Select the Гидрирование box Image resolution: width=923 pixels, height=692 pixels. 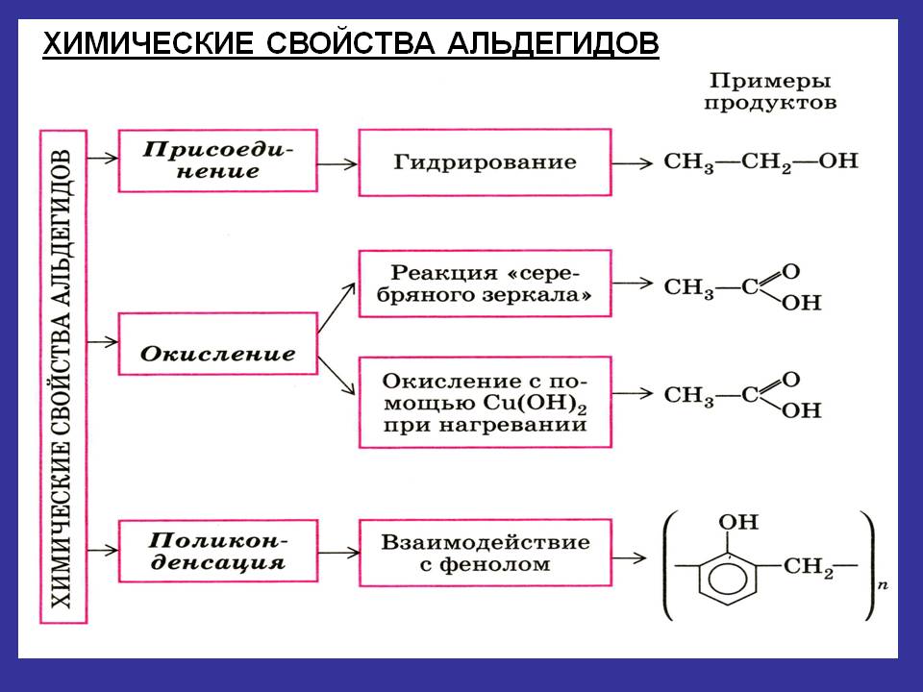pos(485,161)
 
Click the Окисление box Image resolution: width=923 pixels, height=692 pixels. pos(217,354)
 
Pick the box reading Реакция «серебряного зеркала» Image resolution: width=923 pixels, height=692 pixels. pos(485,283)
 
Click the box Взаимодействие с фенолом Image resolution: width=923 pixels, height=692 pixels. pos(485,552)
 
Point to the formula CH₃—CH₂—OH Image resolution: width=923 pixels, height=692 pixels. pos(761,161)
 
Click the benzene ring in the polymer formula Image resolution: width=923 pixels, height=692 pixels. pos(733,580)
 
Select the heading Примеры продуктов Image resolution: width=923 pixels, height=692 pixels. pos(769,92)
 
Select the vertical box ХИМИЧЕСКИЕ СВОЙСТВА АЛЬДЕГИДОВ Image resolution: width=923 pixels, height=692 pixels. pos(62,380)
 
